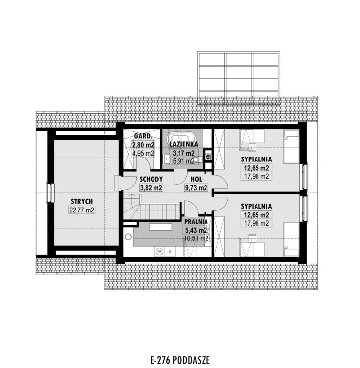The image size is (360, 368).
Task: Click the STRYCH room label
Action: [x=81, y=201]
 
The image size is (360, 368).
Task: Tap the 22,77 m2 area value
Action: [x=81, y=210]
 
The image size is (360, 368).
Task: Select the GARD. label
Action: [x=143, y=136]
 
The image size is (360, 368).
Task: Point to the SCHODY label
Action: [x=151, y=179]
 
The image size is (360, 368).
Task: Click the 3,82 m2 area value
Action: [x=151, y=188]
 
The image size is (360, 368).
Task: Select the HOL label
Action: [x=196, y=179]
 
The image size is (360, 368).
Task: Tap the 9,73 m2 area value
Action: [x=196, y=188]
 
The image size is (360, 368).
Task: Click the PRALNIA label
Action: [x=196, y=222]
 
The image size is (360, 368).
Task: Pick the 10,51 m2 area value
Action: [x=196, y=238]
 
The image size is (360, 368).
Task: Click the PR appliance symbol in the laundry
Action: [x=159, y=252]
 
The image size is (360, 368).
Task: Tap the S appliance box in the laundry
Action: [x=170, y=252]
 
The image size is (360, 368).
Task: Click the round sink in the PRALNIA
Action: [x=128, y=237]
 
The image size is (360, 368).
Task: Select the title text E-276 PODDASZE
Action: [x=180, y=360]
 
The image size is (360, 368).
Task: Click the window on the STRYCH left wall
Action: [x=50, y=193]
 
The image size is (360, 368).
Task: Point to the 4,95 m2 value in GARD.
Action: [x=143, y=153]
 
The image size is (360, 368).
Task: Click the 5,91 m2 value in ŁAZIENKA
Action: [x=183, y=161]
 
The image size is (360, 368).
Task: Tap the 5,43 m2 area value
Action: [x=196, y=230]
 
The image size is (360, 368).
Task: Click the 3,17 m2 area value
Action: [x=183, y=153]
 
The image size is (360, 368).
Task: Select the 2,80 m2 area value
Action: [x=143, y=145]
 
